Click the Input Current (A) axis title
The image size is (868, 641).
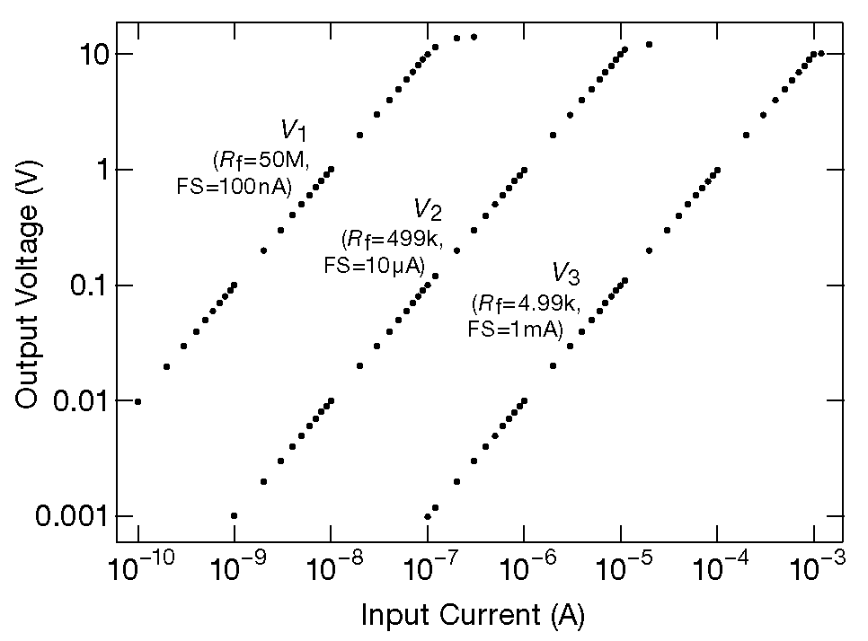(x=474, y=615)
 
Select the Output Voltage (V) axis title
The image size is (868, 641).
(x=29, y=285)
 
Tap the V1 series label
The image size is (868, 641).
(x=294, y=131)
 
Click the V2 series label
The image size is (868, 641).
(x=427, y=210)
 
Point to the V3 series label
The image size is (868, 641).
(x=566, y=273)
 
